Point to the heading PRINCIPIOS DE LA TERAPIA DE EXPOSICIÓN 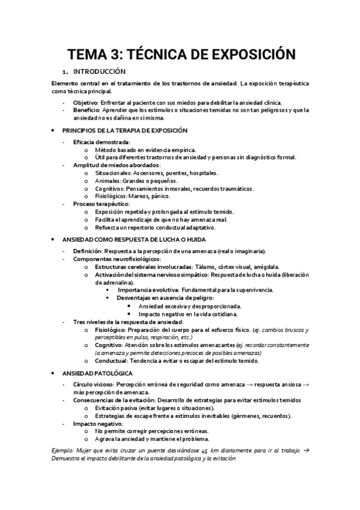click(x=125, y=130)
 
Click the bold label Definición click(x=87, y=250)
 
